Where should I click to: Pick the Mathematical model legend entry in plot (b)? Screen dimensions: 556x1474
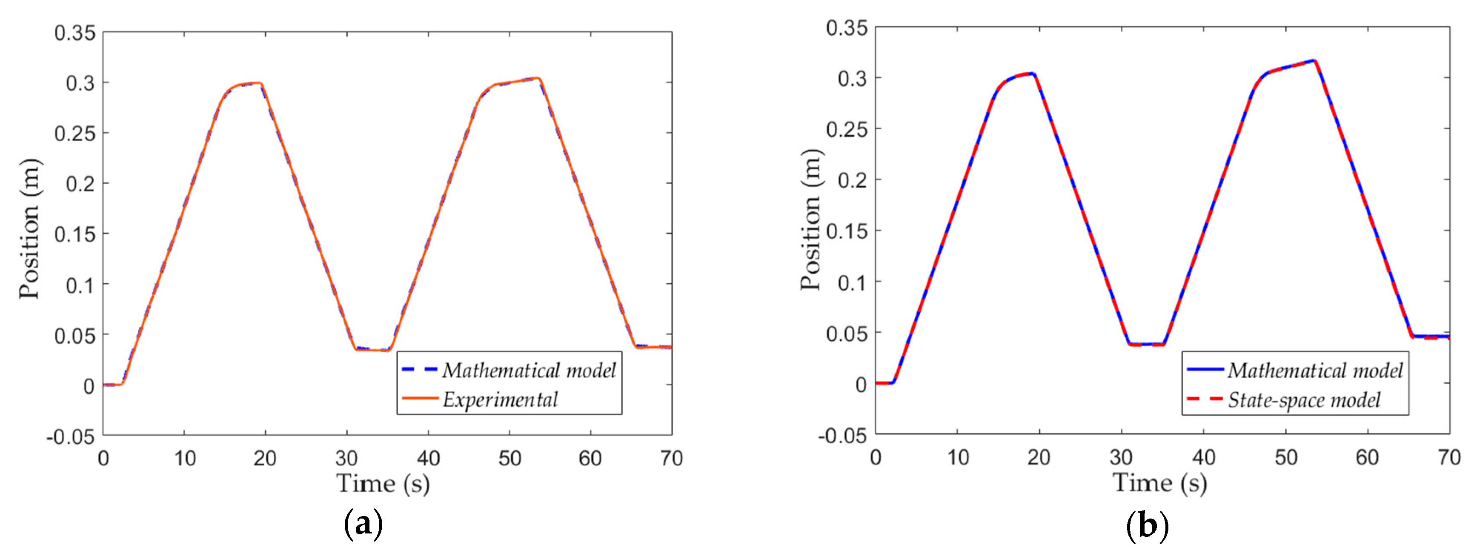coord(1315,370)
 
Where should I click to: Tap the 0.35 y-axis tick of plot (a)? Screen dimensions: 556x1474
coord(74,33)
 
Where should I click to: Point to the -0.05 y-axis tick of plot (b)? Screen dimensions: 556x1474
coord(842,436)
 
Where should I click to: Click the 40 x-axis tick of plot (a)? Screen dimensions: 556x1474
coord(428,458)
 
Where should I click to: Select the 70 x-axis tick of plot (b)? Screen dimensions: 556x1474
coord(1449,457)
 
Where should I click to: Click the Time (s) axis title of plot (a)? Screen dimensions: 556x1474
coord(382,484)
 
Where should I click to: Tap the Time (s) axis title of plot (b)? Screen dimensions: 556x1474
coord(1159,483)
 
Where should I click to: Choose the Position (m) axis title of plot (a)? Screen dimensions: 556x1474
coord(30,229)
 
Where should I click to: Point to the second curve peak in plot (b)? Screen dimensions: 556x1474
coord(1314,61)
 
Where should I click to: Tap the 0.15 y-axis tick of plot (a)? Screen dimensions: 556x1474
coord(74,234)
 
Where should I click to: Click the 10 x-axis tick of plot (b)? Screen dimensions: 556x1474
coord(958,457)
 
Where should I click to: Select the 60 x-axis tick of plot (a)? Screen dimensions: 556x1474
coord(590,458)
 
